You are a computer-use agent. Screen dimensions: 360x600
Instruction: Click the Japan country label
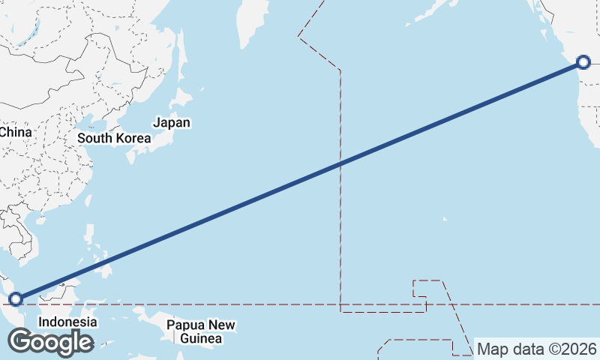pyautogui.click(x=172, y=122)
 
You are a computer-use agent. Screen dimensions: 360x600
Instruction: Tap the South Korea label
pyautogui.click(x=114, y=138)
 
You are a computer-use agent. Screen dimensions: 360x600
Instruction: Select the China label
pyautogui.click(x=15, y=132)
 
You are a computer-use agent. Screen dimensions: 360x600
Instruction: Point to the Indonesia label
pyautogui.click(x=67, y=322)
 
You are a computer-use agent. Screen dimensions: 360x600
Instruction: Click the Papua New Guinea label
pyautogui.click(x=201, y=331)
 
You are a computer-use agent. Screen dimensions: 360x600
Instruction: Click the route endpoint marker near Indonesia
pyautogui.click(x=15, y=299)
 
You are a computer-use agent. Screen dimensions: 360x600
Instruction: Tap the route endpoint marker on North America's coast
pyautogui.click(x=583, y=62)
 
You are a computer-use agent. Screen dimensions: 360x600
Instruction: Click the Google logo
pyautogui.click(x=50, y=342)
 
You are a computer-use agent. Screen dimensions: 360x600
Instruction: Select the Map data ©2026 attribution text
pyautogui.click(x=537, y=349)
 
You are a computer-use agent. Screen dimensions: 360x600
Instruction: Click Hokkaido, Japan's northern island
pyautogui.click(x=182, y=97)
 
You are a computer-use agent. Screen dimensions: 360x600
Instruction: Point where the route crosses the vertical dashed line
pyautogui.click(x=340, y=163)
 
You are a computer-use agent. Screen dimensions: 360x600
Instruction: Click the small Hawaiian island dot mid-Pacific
pyautogui.click(x=445, y=219)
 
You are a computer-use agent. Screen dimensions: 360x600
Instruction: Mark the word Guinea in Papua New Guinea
pyautogui.click(x=201, y=338)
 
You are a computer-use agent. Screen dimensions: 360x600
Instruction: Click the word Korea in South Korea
pyautogui.click(x=132, y=138)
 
